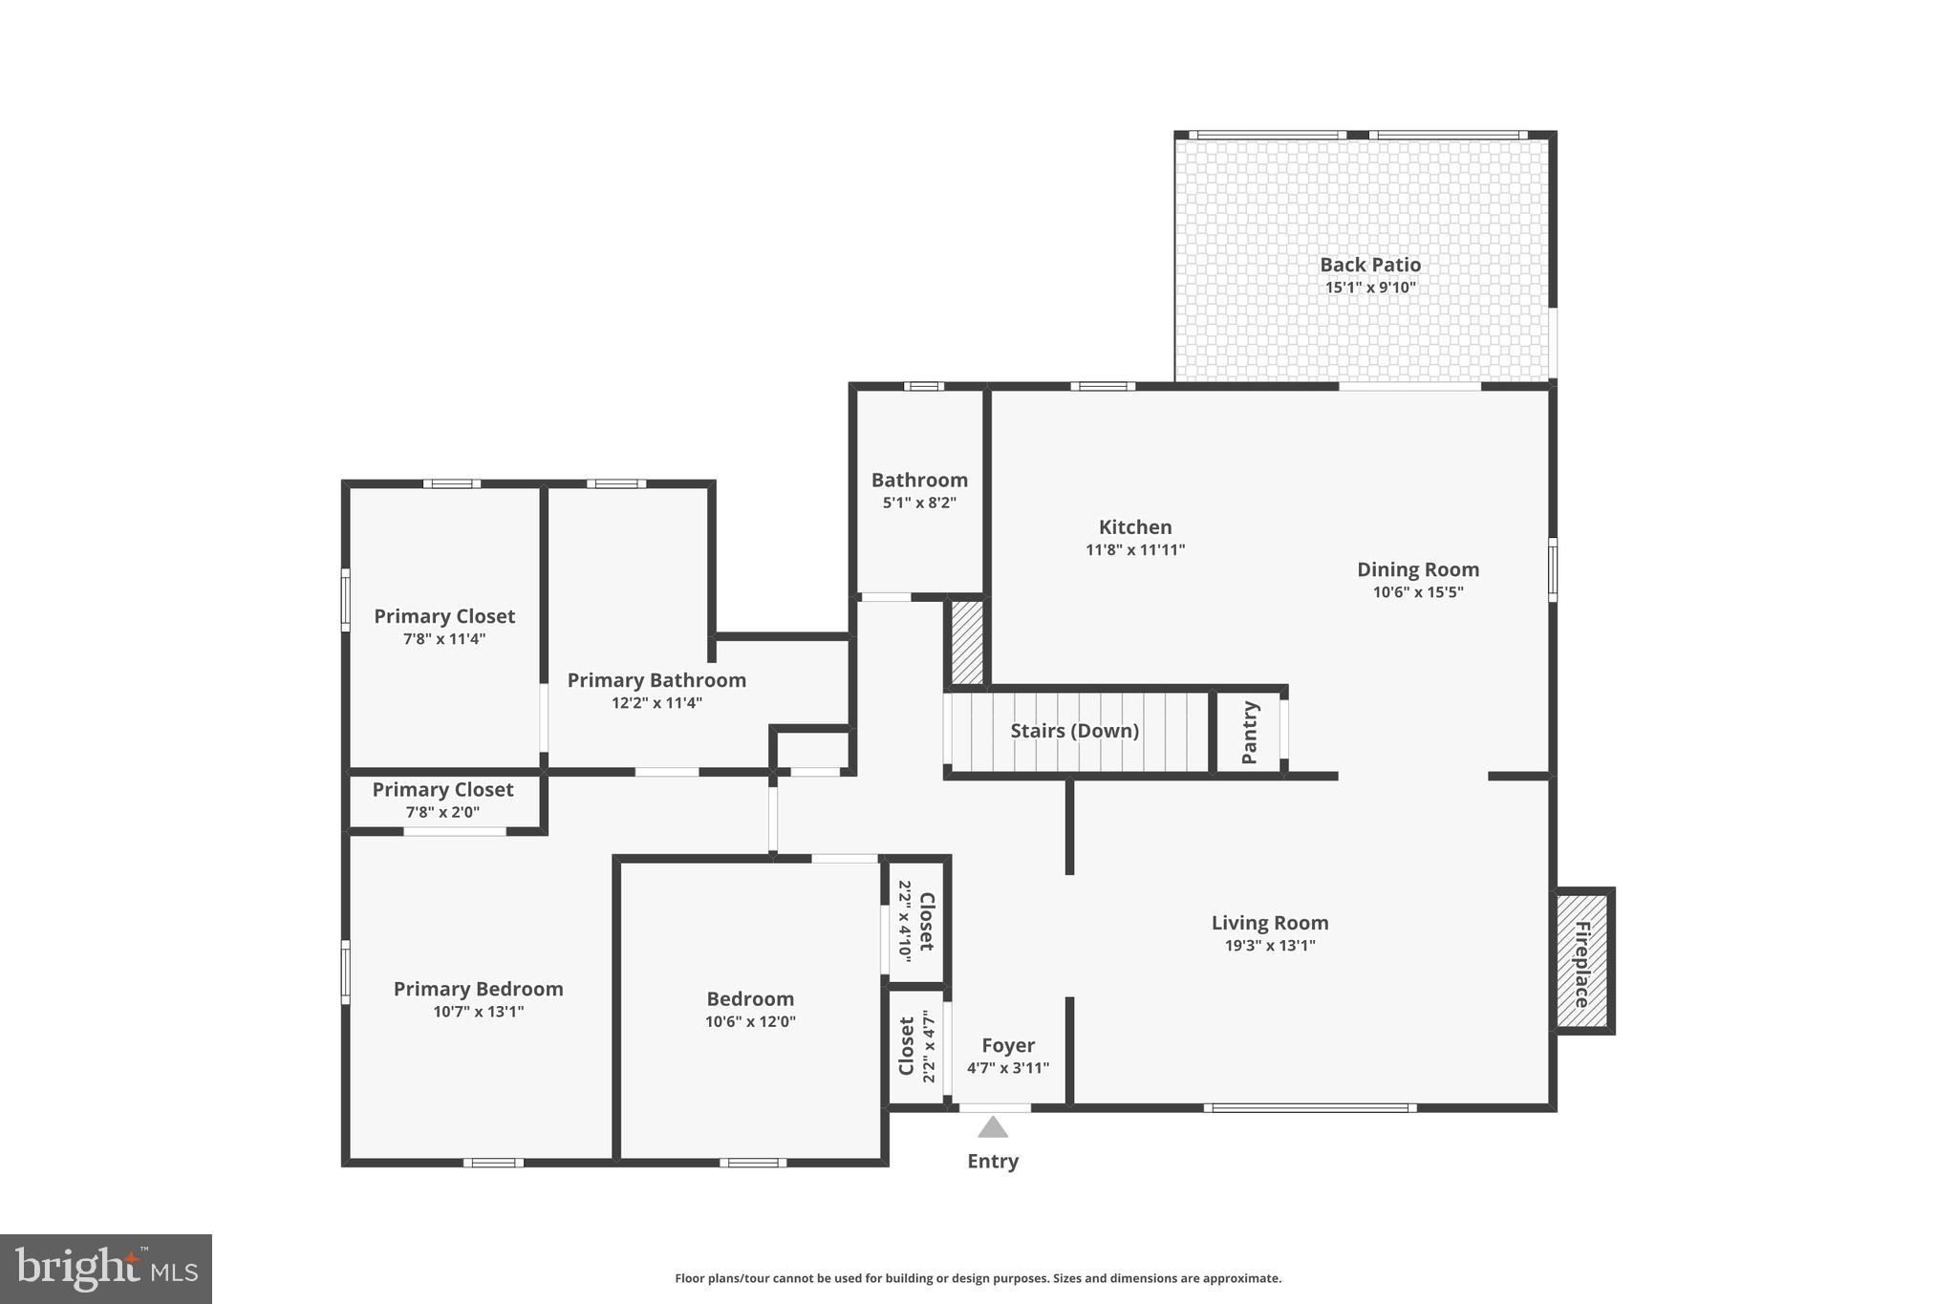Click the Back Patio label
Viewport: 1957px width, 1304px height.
[x=1369, y=265]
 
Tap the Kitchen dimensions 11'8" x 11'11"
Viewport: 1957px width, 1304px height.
[x=1134, y=549]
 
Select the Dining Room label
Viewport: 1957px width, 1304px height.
[x=1417, y=569]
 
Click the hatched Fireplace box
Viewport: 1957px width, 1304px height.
[x=1581, y=961]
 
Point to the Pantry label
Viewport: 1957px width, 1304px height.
[x=1249, y=732]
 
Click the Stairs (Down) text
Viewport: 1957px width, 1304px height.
[x=1074, y=731]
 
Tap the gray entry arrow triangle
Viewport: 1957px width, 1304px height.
[x=993, y=1128]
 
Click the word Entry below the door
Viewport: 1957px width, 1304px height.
[x=993, y=1161]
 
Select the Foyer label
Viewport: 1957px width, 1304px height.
[x=1007, y=1045]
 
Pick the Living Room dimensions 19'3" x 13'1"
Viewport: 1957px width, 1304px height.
[x=1269, y=946]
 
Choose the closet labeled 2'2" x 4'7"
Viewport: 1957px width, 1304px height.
[x=915, y=1046]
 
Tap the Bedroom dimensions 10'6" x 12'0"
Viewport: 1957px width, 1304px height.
[x=750, y=1021]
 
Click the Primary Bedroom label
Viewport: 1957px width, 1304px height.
[x=478, y=989]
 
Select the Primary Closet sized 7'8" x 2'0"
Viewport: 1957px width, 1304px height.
[x=442, y=801]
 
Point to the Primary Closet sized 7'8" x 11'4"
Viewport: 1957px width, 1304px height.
[x=443, y=627]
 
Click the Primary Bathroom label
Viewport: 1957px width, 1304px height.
[x=656, y=680]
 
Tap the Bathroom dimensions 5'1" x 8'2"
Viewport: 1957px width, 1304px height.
[x=918, y=502]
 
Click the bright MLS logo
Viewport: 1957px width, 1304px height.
[x=106, y=1269]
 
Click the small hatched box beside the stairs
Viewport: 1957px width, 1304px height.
[x=966, y=641]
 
